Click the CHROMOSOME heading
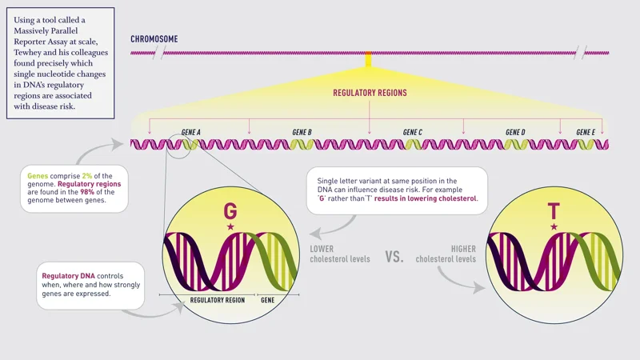[x=154, y=38]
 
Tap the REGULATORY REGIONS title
[x=370, y=93]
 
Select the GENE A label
[x=191, y=132]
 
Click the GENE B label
[x=302, y=132]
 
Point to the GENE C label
[x=412, y=132]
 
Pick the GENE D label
[x=515, y=132]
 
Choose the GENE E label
[x=586, y=132]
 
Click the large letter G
[x=230, y=211]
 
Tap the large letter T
[x=554, y=211]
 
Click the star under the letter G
[x=230, y=227]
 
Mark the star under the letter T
[x=554, y=227]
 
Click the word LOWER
[x=322, y=249]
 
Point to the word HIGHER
[x=462, y=249]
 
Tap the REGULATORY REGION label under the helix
[x=217, y=300]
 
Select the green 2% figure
[x=86, y=175]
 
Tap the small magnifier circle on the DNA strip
[x=180, y=146]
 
